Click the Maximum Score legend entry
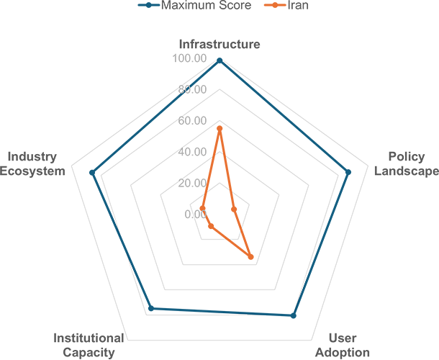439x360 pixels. (194, 5)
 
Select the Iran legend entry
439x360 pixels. (286, 5)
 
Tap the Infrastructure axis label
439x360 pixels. (219, 44)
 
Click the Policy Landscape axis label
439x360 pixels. (407, 163)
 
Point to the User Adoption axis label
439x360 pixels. (343, 345)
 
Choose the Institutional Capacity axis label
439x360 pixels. (89, 345)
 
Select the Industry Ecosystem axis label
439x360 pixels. (32, 163)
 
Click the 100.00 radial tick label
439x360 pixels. (189, 58)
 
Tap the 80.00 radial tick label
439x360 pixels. (192, 89)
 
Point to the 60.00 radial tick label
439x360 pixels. (192, 121)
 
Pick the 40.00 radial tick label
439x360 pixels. (192, 152)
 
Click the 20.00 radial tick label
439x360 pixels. (192, 183)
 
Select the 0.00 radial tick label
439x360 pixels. (196, 215)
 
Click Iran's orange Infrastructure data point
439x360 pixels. (219, 129)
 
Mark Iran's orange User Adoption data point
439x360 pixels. (251, 256)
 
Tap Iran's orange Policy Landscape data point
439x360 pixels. (234, 210)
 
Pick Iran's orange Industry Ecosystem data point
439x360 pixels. (202, 208)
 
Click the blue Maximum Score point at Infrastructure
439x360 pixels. (219, 60)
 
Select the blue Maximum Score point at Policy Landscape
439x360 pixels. (348, 172)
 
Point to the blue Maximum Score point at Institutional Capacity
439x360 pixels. (151, 308)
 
